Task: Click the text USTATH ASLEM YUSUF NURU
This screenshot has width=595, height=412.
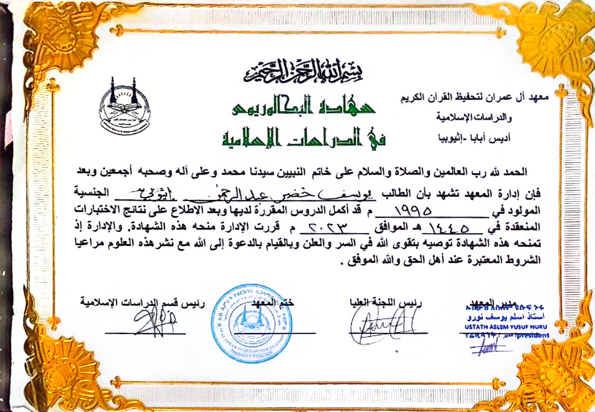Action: [506, 327]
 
